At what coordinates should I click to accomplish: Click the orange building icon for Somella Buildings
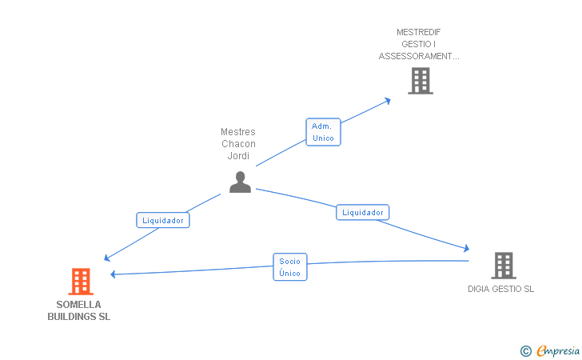pyautogui.click(x=81, y=282)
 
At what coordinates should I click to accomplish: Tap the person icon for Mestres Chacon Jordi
pyautogui.click(x=240, y=182)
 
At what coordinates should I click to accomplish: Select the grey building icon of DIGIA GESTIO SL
pyautogui.click(x=504, y=266)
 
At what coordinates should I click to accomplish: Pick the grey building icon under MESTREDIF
pyautogui.click(x=421, y=81)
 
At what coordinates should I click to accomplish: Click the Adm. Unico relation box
pyautogui.click(x=323, y=132)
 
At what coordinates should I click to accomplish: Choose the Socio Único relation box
pyautogui.click(x=290, y=266)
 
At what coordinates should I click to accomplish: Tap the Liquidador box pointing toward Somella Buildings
pyautogui.click(x=163, y=220)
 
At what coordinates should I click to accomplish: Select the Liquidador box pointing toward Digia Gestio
pyautogui.click(x=363, y=212)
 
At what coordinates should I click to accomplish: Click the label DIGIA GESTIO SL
pyautogui.click(x=500, y=289)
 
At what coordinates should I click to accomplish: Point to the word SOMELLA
pyautogui.click(x=78, y=305)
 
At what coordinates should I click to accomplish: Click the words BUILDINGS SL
pyautogui.click(x=78, y=317)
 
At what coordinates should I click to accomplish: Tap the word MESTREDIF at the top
pyautogui.click(x=419, y=32)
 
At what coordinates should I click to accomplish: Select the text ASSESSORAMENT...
pyautogui.click(x=416, y=56)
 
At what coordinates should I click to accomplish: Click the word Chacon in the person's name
pyautogui.click(x=238, y=144)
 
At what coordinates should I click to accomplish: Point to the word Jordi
pyautogui.click(x=238, y=156)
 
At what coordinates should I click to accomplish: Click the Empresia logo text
pyautogui.click(x=558, y=350)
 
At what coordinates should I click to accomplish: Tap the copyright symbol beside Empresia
pyautogui.click(x=526, y=351)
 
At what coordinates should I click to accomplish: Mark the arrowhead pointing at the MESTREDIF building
pyautogui.click(x=388, y=101)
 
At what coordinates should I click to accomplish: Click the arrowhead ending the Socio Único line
pyautogui.click(x=114, y=274)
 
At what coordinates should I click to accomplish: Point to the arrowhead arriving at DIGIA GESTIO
pyautogui.click(x=467, y=248)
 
